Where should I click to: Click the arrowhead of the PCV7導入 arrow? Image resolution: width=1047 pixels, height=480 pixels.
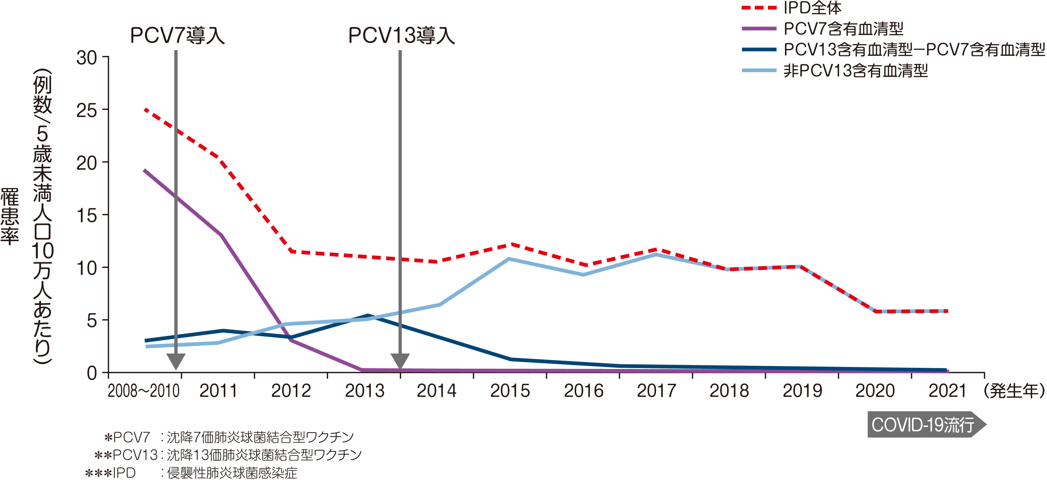(176, 361)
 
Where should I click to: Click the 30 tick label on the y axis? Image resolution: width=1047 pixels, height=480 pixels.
(87, 58)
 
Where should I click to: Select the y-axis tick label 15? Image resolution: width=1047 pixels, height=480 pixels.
(87, 216)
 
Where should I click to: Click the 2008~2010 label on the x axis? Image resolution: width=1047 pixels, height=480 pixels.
(144, 391)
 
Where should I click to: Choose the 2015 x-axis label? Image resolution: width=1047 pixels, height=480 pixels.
(510, 391)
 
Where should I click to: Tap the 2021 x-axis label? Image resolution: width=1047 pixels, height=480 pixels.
(947, 391)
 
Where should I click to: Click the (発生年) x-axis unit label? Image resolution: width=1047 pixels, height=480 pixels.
(1014, 391)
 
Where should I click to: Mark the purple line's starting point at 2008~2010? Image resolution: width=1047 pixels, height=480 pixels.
(145, 171)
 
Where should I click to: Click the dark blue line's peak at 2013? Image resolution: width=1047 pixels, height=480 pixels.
(367, 315)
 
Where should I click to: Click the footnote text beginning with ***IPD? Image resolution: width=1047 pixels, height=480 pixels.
(191, 473)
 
